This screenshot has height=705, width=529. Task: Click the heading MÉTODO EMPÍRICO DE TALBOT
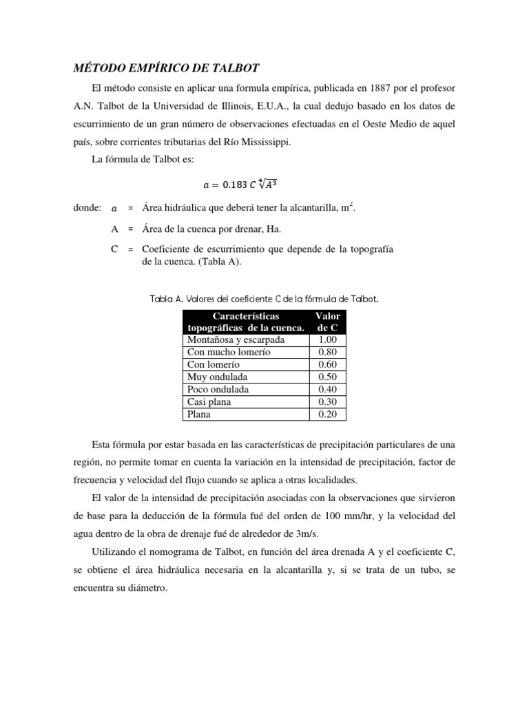[x=166, y=68]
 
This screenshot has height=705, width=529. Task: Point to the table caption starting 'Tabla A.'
[x=264, y=299]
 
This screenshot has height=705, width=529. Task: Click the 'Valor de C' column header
[x=327, y=322]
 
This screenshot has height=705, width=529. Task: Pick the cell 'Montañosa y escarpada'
[x=236, y=339]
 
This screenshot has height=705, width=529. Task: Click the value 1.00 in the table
[x=327, y=339]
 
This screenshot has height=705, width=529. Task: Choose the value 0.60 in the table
[x=327, y=364]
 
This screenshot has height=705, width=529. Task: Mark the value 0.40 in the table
[x=327, y=389]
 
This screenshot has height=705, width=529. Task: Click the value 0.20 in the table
[x=327, y=414]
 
